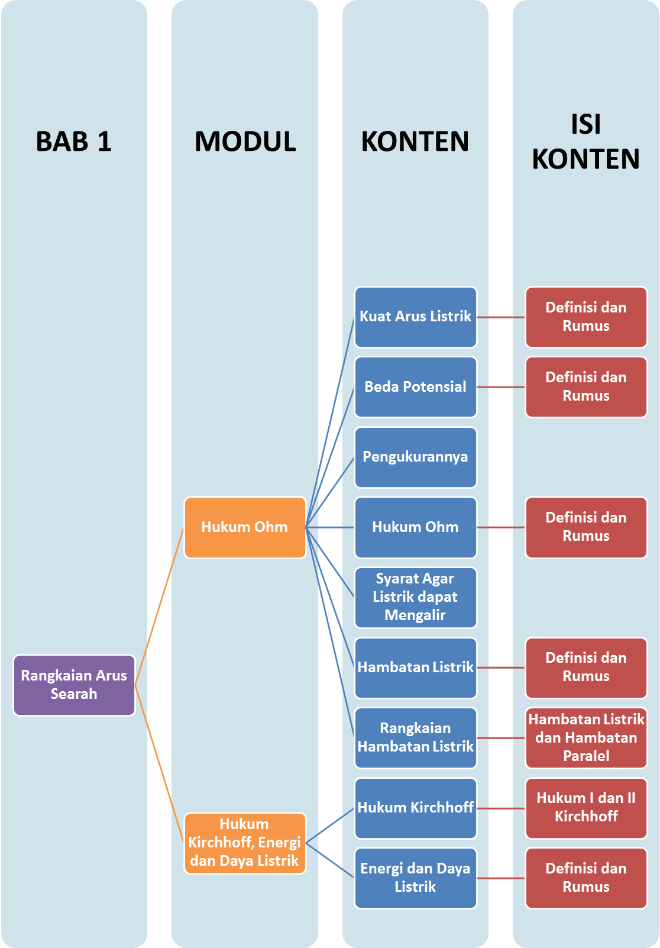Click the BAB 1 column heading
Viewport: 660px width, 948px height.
point(74,141)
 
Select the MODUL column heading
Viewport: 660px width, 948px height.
point(245,141)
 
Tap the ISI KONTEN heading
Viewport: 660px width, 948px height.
point(585,141)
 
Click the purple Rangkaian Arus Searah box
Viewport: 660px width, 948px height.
point(74,685)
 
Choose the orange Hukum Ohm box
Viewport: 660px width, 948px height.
point(245,527)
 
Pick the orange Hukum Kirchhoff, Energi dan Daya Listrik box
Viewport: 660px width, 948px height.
point(245,843)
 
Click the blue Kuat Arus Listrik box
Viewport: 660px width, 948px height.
point(415,317)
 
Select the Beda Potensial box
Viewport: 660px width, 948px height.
point(415,387)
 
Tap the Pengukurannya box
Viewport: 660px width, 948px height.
point(415,457)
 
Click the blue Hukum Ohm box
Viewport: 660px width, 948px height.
point(415,527)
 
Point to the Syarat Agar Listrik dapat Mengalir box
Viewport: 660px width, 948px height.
point(415,597)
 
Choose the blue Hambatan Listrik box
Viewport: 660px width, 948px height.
point(415,668)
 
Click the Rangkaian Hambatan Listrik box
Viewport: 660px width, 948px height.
point(415,737)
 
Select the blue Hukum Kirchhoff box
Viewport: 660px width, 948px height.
point(415,808)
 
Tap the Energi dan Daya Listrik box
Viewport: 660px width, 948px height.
point(415,878)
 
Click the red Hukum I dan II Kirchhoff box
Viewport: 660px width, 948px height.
point(585,808)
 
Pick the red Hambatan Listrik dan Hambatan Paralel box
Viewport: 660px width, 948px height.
point(585,737)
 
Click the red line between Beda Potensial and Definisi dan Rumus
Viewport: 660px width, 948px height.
point(501,387)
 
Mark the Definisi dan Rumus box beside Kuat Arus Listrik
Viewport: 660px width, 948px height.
point(585,317)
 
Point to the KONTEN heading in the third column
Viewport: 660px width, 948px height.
point(415,141)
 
